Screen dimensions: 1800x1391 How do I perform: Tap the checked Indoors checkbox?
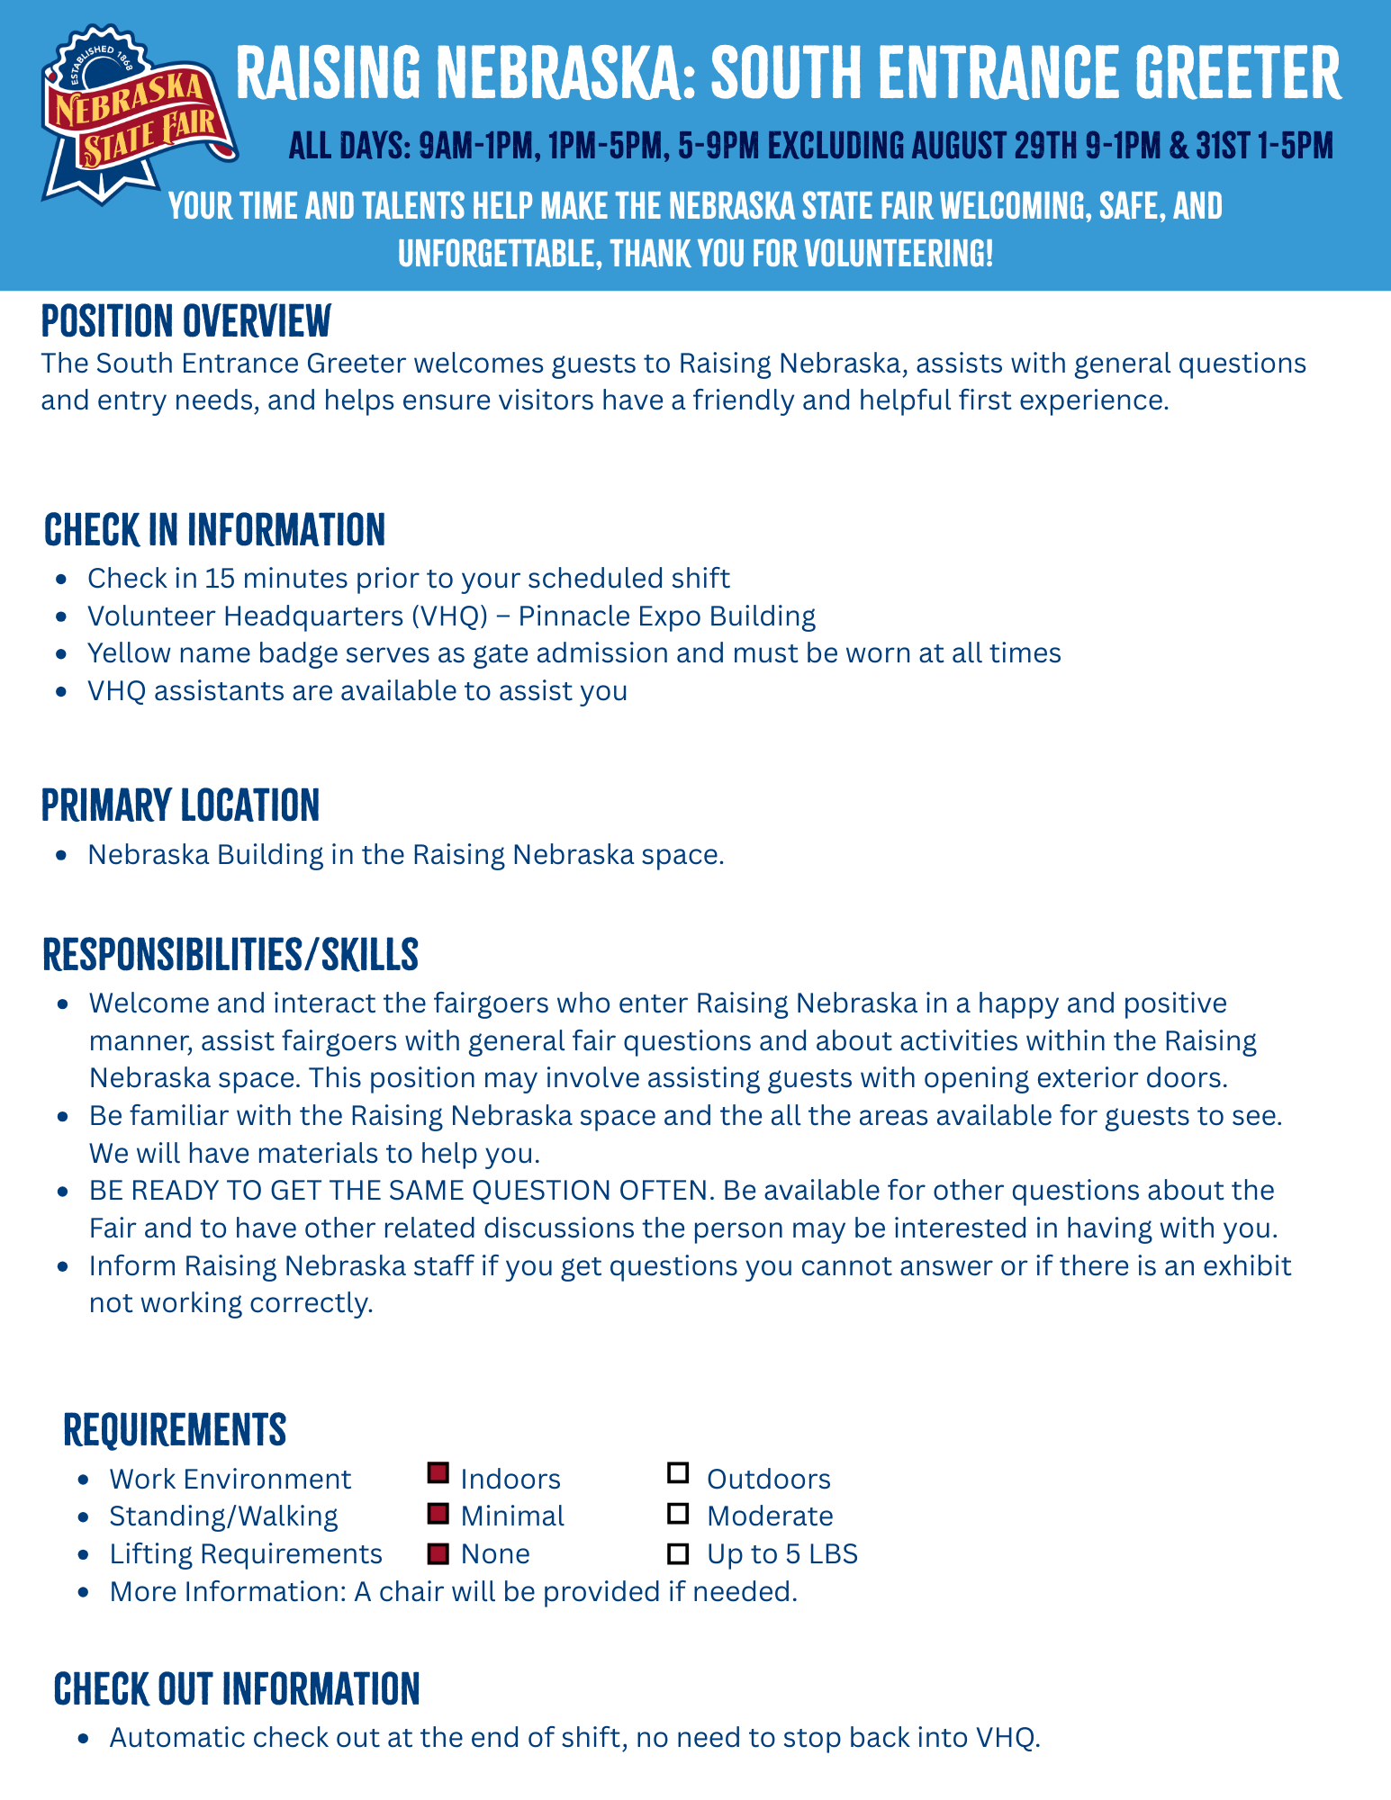pyautogui.click(x=438, y=1473)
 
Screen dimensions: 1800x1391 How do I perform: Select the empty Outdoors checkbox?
pyautogui.click(x=678, y=1473)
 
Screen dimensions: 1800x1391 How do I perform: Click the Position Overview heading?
pyautogui.click(x=185, y=321)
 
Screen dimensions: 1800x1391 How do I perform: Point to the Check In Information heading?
pyautogui.click(x=214, y=530)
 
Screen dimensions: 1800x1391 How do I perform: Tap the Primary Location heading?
pyautogui.click(x=180, y=805)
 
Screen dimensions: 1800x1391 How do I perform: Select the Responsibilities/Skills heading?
pyautogui.click(x=230, y=955)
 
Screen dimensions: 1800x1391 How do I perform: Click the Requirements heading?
pyautogui.click(x=175, y=1429)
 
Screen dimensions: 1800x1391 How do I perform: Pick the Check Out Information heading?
pyautogui.click(x=237, y=1689)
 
